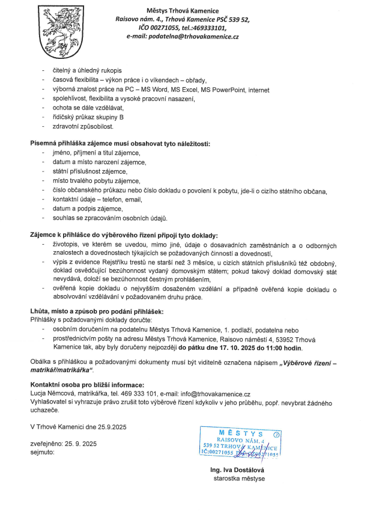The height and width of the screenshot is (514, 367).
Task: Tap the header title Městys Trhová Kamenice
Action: (x=183, y=11)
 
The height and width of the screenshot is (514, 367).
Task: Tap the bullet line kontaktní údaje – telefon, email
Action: (x=92, y=199)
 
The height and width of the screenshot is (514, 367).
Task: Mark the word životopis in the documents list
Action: (x=67, y=244)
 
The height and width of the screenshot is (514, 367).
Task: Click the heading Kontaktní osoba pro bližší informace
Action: (x=87, y=384)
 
